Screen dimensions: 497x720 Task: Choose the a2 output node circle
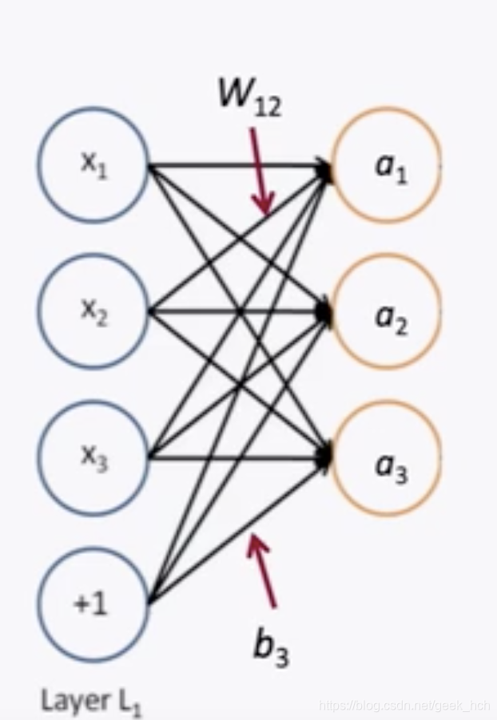[x=387, y=311]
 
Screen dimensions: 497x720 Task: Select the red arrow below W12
[x=260, y=172]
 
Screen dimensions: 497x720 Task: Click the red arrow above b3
[x=263, y=571]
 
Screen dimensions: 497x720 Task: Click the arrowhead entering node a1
[x=325, y=169]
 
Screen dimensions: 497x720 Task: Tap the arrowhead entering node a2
[x=325, y=312]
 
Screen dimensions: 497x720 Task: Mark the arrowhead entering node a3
[x=325, y=456]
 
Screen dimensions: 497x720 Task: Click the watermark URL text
[x=404, y=706]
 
